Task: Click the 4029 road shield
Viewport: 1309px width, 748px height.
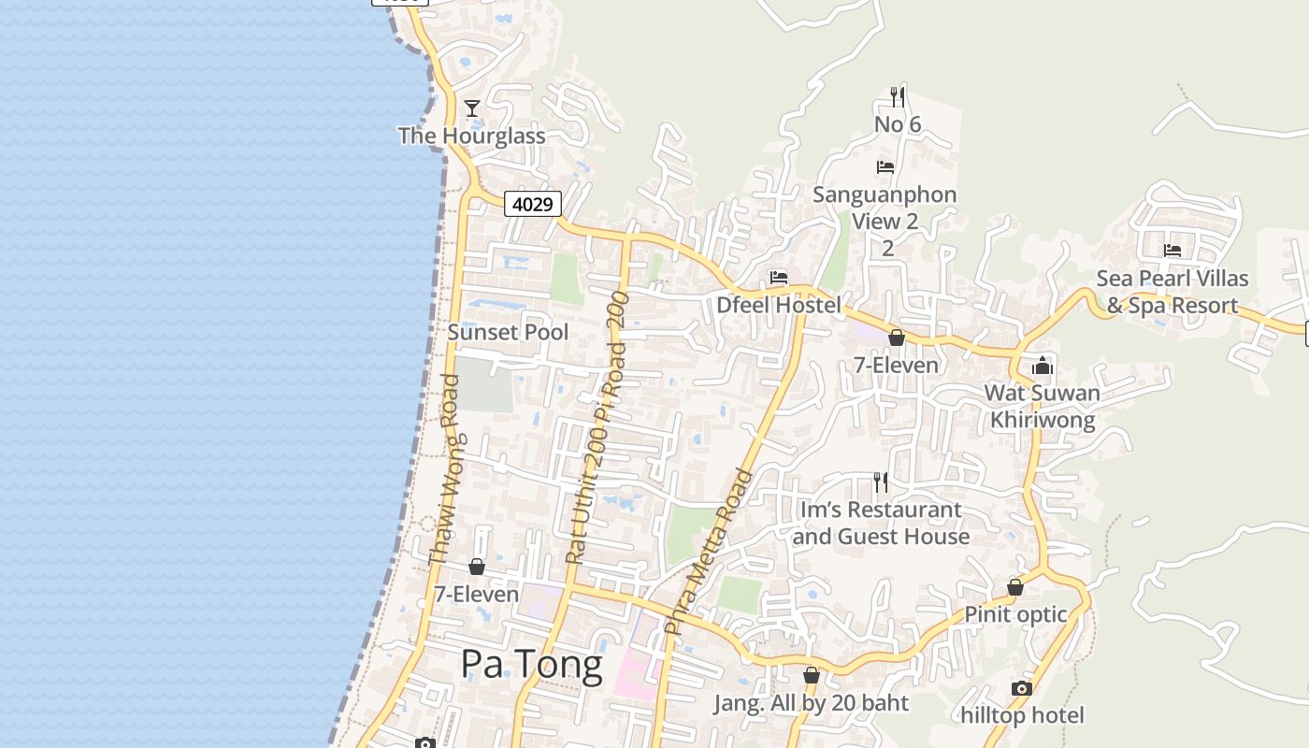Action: click(533, 203)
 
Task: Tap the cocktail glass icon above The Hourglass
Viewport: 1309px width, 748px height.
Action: click(472, 108)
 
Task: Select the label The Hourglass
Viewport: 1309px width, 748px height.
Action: click(471, 136)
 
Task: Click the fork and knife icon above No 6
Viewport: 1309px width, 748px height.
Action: click(898, 96)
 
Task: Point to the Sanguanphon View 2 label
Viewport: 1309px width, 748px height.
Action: click(885, 209)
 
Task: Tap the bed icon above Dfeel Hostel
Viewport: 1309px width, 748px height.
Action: click(779, 278)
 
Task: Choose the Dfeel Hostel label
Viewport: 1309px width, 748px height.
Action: click(779, 305)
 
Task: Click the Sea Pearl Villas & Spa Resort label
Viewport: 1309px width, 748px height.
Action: click(1172, 292)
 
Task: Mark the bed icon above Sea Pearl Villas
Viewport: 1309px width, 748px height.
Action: click(1172, 251)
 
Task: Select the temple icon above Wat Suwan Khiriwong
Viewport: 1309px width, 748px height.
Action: click(1043, 365)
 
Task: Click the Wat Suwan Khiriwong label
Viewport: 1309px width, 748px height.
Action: click(1043, 406)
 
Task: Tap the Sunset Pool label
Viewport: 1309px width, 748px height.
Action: click(508, 332)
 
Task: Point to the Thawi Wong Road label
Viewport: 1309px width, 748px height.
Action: click(443, 469)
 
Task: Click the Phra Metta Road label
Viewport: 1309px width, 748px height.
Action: click(708, 552)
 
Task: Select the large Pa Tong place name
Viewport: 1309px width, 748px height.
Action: click(531, 664)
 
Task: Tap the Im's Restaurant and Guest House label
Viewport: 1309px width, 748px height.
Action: click(880, 523)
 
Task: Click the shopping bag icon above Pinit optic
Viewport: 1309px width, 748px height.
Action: click(1015, 587)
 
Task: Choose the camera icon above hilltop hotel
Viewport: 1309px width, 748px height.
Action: click(1022, 688)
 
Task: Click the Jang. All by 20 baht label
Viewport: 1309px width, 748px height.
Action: click(811, 703)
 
